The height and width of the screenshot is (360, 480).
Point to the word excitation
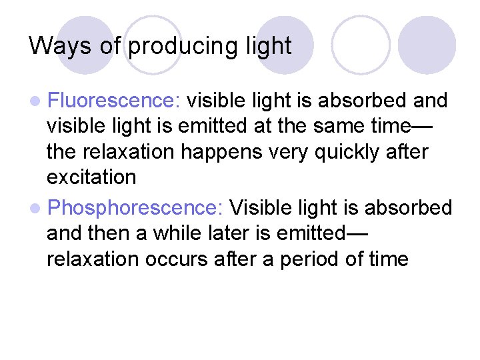[x=91, y=177]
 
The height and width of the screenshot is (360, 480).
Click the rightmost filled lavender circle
[x=427, y=44]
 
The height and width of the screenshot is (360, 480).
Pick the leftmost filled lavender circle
[x=85, y=44]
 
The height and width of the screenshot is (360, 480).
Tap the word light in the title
[x=266, y=46]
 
